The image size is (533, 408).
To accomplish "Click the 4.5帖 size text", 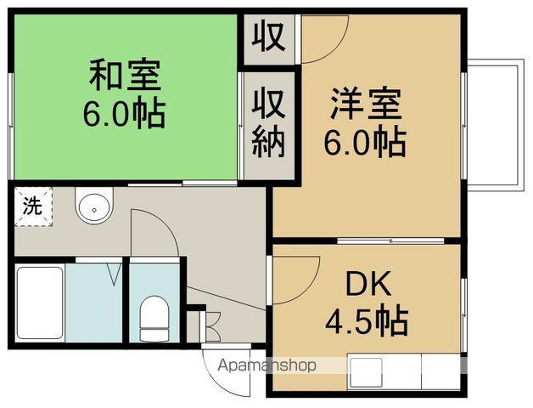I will (367, 321).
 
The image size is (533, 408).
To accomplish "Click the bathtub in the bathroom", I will (40, 303).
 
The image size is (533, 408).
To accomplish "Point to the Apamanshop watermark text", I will (266, 365).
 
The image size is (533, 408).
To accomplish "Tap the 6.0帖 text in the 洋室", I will (365, 141).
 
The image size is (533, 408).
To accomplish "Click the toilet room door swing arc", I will (155, 229).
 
